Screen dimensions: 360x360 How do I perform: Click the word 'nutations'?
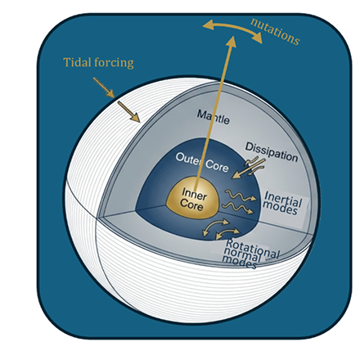coord(275,31)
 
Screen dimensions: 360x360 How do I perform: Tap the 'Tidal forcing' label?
coord(98,62)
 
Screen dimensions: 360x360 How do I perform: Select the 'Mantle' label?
coord(214,117)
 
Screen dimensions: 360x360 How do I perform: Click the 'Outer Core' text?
coord(202,162)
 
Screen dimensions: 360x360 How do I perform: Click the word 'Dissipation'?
coord(272,151)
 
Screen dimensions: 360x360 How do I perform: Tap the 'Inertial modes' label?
coord(283,204)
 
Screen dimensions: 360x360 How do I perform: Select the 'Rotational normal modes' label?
coord(250,254)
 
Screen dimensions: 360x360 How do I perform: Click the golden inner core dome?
coord(193,199)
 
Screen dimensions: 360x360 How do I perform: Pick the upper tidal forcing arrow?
coord(104,88)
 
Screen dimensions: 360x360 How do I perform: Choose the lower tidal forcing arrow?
coord(128,111)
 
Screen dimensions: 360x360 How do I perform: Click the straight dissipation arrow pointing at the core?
coord(248,169)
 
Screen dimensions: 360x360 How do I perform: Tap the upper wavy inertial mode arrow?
coord(241,196)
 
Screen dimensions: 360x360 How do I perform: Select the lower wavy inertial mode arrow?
coord(238,208)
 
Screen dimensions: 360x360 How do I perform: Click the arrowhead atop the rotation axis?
coord(232,41)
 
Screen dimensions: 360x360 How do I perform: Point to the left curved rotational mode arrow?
coord(214,227)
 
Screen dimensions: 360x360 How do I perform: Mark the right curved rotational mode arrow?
coord(227,234)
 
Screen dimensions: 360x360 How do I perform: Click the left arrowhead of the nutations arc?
coord(208,25)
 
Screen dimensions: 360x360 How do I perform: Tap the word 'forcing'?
coord(114,63)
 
